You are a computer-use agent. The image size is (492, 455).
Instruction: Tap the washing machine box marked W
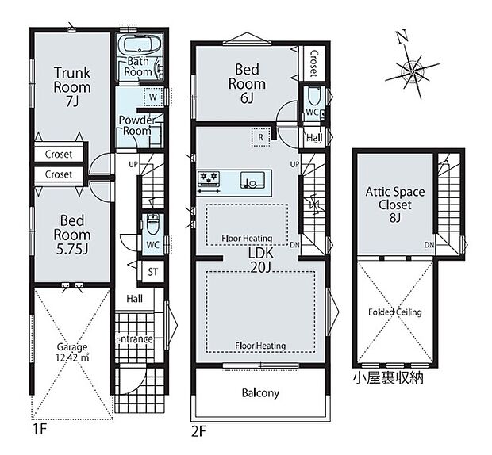(x=153, y=97)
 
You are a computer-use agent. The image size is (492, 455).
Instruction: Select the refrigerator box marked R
(x=261, y=137)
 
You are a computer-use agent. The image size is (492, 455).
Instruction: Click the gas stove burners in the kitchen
(x=209, y=178)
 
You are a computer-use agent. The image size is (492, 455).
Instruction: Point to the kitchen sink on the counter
(x=252, y=181)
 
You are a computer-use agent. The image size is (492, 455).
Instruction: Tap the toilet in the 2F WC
(x=313, y=96)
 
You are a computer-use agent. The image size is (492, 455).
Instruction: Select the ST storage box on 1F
(x=153, y=272)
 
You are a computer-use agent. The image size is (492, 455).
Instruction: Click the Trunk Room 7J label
(x=72, y=87)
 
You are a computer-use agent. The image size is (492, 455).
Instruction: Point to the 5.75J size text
(x=72, y=250)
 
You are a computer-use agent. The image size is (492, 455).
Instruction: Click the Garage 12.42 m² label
(x=72, y=352)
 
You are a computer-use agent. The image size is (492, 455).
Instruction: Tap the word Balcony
(x=260, y=393)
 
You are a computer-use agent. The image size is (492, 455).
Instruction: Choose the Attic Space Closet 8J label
(x=395, y=205)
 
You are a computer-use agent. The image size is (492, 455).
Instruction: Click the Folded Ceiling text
(x=394, y=312)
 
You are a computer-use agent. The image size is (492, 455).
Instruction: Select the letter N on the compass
(x=402, y=36)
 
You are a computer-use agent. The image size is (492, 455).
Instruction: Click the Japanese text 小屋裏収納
(x=388, y=378)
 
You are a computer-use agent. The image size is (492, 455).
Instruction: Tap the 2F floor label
(x=198, y=432)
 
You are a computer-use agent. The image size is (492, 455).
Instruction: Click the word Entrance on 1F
(x=134, y=338)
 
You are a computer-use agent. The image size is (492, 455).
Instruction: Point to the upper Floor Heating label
(x=247, y=239)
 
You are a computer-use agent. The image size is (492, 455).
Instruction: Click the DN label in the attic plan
(x=429, y=245)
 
